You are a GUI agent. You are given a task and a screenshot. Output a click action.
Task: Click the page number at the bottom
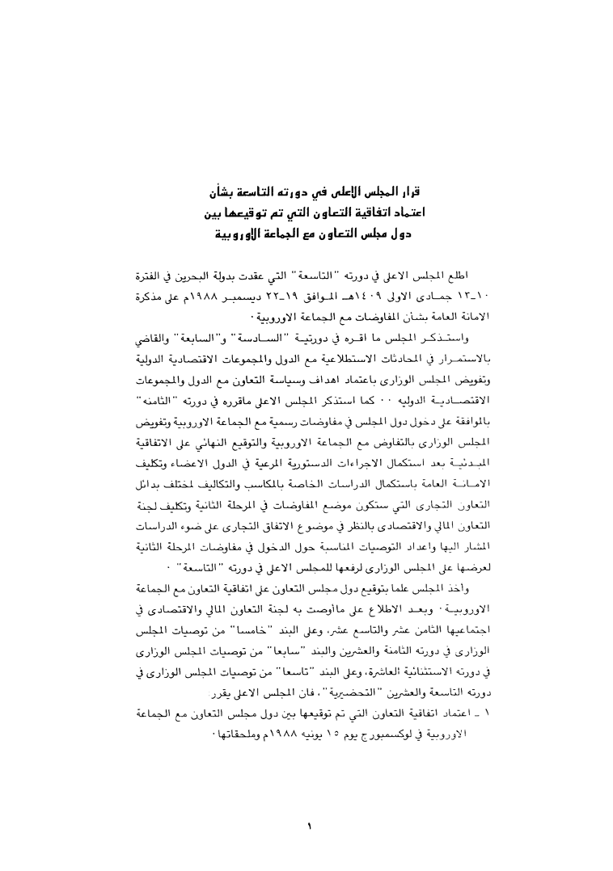pos(309,825)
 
